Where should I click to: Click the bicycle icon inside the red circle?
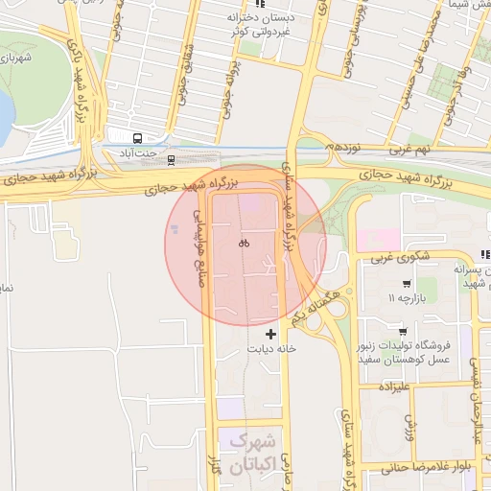(x=245, y=244)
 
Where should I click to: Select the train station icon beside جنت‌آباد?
(x=171, y=158)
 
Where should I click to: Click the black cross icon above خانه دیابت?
(x=272, y=334)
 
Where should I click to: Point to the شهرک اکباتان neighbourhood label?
(x=252, y=455)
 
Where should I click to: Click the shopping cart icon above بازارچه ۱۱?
(x=408, y=284)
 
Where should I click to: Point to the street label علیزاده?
(x=394, y=388)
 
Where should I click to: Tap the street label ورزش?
(x=410, y=427)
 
